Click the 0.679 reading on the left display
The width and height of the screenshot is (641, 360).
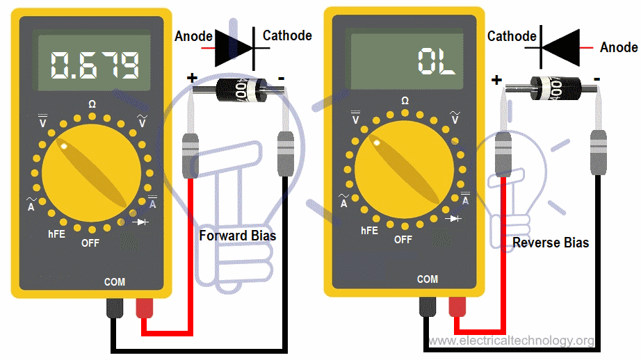pyautogui.click(x=96, y=64)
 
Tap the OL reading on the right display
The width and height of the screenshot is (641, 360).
pyautogui.click(x=436, y=63)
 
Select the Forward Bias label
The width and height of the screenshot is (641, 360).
pyautogui.click(x=237, y=236)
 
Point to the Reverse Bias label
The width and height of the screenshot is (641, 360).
pyautogui.click(x=551, y=243)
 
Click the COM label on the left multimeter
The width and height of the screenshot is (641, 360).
pyautogui.click(x=115, y=281)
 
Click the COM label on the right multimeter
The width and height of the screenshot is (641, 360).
pyautogui.click(x=428, y=279)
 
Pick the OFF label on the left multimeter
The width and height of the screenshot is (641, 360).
pyautogui.click(x=90, y=243)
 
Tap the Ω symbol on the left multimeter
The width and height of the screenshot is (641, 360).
pyautogui.click(x=92, y=104)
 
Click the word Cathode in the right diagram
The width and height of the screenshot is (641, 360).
pyautogui.click(x=512, y=36)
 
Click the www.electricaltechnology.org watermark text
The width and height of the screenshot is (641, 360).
pyautogui.click(x=511, y=341)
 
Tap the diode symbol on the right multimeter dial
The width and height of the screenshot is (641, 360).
pyautogui.click(x=455, y=219)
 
